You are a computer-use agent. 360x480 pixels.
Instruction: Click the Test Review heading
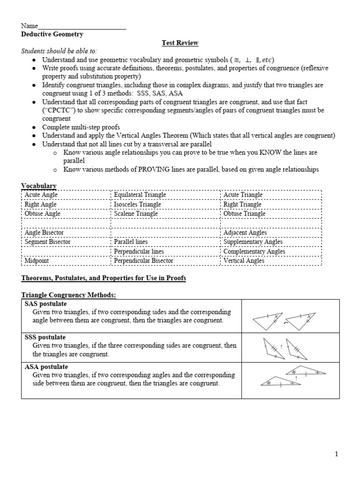[180, 43]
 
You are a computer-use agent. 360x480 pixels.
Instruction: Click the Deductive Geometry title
[52, 34]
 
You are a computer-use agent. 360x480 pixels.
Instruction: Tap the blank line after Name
[82, 26]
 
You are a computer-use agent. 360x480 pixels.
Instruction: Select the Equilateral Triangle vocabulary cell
[140, 195]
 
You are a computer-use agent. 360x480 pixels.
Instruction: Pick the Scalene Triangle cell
[136, 214]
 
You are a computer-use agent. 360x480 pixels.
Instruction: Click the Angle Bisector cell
[44, 232]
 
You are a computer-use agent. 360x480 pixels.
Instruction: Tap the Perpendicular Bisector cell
[143, 261]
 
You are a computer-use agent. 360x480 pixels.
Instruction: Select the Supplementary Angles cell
[253, 242]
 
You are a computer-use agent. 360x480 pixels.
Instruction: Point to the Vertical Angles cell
[244, 261]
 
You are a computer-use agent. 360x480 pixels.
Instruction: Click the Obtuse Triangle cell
[244, 214]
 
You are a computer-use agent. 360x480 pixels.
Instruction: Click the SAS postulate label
[45, 304]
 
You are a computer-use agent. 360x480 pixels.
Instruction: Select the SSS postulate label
[45, 337]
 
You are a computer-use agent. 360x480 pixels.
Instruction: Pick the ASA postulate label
[46, 367]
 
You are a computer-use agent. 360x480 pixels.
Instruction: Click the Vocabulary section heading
[39, 186]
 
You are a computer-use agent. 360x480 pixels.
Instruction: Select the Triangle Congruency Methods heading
[68, 295]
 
